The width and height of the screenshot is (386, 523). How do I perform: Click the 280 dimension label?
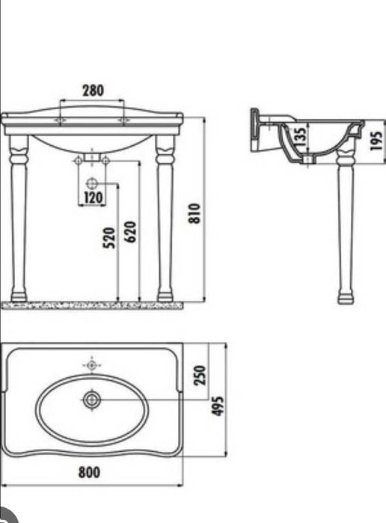[92, 91]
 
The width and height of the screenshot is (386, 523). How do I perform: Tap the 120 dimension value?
[94, 198]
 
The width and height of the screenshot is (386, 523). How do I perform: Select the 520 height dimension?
[109, 239]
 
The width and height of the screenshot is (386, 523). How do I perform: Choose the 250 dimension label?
[200, 374]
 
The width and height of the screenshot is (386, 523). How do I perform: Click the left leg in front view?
[19, 217]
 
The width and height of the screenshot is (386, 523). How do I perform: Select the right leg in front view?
[165, 217]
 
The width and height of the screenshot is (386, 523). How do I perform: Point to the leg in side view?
[345, 224]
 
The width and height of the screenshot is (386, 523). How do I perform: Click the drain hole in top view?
[92, 400]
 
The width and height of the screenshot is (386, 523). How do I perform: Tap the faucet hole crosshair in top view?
[92, 365]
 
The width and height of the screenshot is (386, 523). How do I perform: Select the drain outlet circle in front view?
[92, 183]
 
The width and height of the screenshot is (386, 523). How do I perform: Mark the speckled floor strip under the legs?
[92, 305]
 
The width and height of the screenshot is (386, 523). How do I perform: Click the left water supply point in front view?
[79, 160]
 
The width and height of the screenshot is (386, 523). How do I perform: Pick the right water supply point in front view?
[105, 160]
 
